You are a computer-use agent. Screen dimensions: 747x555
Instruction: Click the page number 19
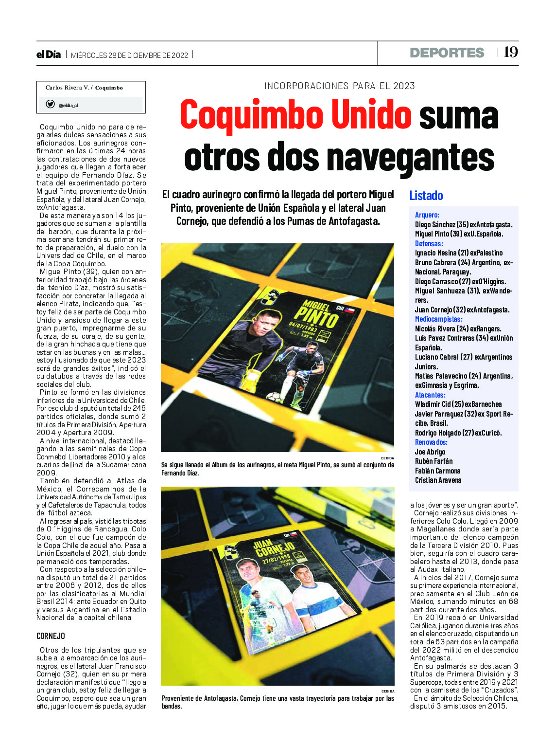511,52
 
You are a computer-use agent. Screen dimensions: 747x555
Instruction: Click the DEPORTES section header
447,53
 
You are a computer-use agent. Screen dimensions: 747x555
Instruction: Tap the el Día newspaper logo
49,55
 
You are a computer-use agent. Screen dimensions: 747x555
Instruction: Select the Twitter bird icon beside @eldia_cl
50,104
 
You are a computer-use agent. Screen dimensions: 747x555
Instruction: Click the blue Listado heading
426,196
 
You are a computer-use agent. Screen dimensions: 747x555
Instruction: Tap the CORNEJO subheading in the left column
51,636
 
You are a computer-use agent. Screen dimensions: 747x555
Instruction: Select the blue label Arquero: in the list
427,215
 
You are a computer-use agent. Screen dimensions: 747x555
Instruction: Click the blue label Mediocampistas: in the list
438,319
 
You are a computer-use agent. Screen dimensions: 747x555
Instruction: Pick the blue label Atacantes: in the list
430,395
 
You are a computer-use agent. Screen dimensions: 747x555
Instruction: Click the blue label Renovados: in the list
431,442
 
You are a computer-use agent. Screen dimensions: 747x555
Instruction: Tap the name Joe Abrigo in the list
430,452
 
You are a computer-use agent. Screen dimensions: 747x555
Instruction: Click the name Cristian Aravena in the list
438,480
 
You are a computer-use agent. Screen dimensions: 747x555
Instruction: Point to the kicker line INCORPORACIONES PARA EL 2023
339,86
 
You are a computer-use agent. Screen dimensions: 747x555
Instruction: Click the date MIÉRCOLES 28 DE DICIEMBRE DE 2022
129,55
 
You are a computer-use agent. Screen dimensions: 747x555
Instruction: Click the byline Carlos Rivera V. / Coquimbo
84,88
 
